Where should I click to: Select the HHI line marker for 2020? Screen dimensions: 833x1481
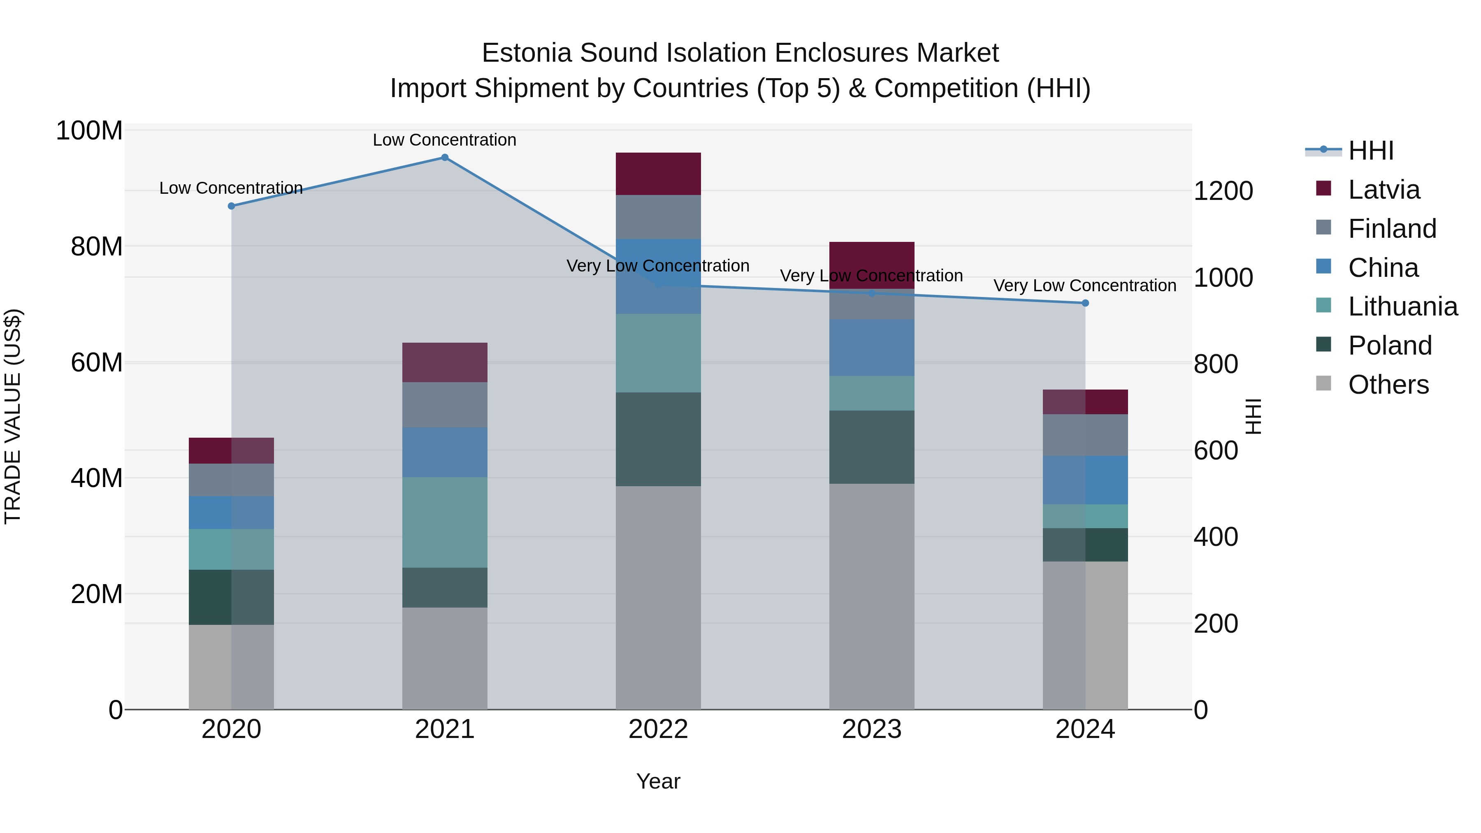point(231,206)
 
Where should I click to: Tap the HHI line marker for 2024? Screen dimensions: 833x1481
point(1085,303)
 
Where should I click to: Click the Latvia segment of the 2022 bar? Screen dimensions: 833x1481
point(658,174)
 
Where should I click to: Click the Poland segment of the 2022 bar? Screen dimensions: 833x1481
point(658,439)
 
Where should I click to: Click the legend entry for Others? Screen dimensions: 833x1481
point(1388,385)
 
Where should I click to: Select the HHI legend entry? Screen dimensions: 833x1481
point(1371,151)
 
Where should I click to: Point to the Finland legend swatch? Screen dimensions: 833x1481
point(1323,227)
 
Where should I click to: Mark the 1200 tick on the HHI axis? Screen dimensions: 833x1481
point(1223,191)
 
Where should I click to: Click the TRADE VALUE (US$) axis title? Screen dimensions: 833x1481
point(13,417)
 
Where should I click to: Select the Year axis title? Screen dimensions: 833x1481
point(658,781)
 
